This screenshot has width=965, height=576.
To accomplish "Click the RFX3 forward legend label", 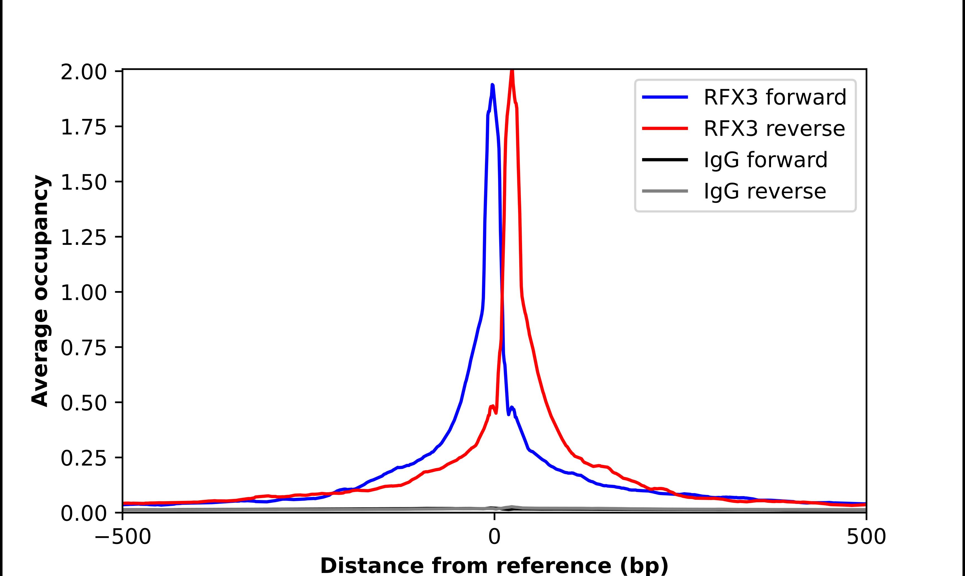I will pos(774,97).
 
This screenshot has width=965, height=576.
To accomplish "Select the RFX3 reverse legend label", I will pos(774,129).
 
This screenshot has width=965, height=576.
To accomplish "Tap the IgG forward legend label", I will pos(765,160).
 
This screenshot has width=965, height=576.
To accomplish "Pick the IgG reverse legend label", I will pos(764,191).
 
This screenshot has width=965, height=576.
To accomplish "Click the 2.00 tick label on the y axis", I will pos(83,72).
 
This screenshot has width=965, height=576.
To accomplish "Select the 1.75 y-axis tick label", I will pos(83,127).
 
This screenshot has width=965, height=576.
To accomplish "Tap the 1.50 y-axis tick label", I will pos(83,183).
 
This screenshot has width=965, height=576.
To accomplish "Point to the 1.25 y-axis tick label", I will pos(83,238).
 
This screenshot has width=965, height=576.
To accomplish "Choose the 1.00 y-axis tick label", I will pos(83,293).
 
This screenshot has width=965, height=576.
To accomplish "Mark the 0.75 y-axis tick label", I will pos(83,348).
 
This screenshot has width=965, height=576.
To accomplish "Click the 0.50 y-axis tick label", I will pos(83,403).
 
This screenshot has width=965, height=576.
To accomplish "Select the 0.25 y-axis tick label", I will pos(83,458).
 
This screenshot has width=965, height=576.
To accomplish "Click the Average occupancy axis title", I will pos(40,291).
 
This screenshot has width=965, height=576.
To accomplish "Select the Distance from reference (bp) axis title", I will pos(494,565).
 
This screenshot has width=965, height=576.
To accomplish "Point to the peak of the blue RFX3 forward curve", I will pos(493,85).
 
